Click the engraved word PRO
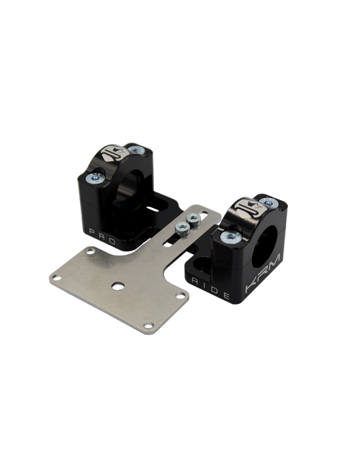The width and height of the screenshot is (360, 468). [102, 236]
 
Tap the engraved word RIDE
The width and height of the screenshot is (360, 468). [211, 289]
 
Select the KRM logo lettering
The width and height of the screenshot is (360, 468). [263, 273]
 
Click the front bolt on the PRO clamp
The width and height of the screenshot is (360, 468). [95, 178]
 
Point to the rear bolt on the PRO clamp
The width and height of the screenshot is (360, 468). [136, 150]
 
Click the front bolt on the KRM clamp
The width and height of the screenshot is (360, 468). [230, 237]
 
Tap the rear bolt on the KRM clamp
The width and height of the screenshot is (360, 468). [269, 203]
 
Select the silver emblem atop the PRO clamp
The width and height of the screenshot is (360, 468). [114, 153]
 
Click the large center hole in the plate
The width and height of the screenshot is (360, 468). [118, 286]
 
